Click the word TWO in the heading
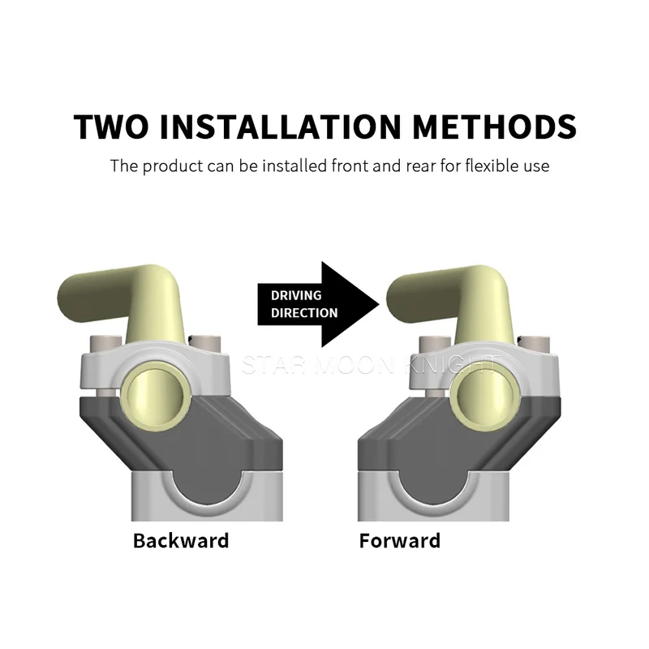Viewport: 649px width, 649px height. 111,126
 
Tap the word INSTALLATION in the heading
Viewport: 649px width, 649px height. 281,126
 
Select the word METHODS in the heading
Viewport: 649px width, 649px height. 495,126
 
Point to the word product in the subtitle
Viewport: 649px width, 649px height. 173,167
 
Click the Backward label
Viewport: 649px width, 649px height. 181,540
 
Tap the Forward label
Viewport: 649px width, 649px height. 399,540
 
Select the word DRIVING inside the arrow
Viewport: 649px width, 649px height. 296,295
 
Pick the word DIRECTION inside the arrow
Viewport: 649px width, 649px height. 304,313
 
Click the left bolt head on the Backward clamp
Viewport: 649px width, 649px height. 105,344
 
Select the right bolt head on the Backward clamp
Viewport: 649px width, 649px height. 206,343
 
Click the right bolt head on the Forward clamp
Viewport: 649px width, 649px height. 535,344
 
